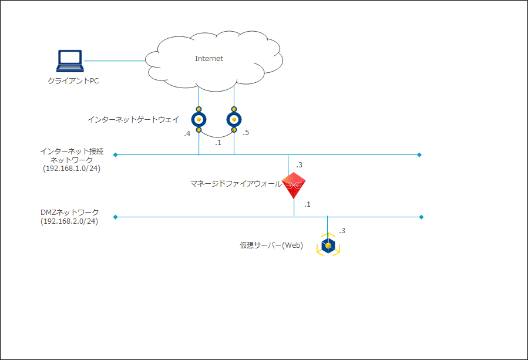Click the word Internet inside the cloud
[x=209, y=59]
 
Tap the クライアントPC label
[x=73, y=81]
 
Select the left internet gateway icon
[x=199, y=120]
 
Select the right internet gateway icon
[x=234, y=120]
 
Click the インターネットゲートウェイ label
[x=133, y=120]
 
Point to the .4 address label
[x=187, y=134]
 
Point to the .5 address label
[x=245, y=133]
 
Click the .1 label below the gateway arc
[x=218, y=143]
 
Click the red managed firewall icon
[x=294, y=186]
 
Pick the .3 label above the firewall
[x=299, y=164]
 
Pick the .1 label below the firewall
[x=307, y=204]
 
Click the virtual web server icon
[x=328, y=245]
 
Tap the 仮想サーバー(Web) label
[x=271, y=245]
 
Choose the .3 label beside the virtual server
[x=342, y=231]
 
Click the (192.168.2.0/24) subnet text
[x=69, y=221]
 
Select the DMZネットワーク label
[x=69, y=213]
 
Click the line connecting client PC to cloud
[x=115, y=60]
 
